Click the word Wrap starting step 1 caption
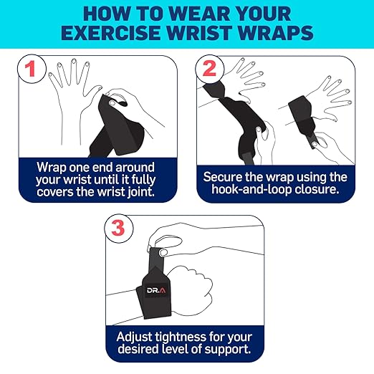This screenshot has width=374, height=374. pos(52,166)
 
